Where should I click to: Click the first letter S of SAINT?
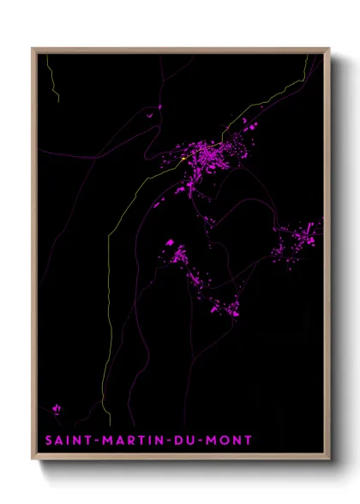point(49,441)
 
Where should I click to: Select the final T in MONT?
point(249,441)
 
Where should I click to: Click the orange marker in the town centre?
point(184,160)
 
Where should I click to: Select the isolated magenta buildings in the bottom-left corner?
point(57,409)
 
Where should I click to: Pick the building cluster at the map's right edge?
point(300,237)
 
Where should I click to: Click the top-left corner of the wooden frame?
point(33,49)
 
